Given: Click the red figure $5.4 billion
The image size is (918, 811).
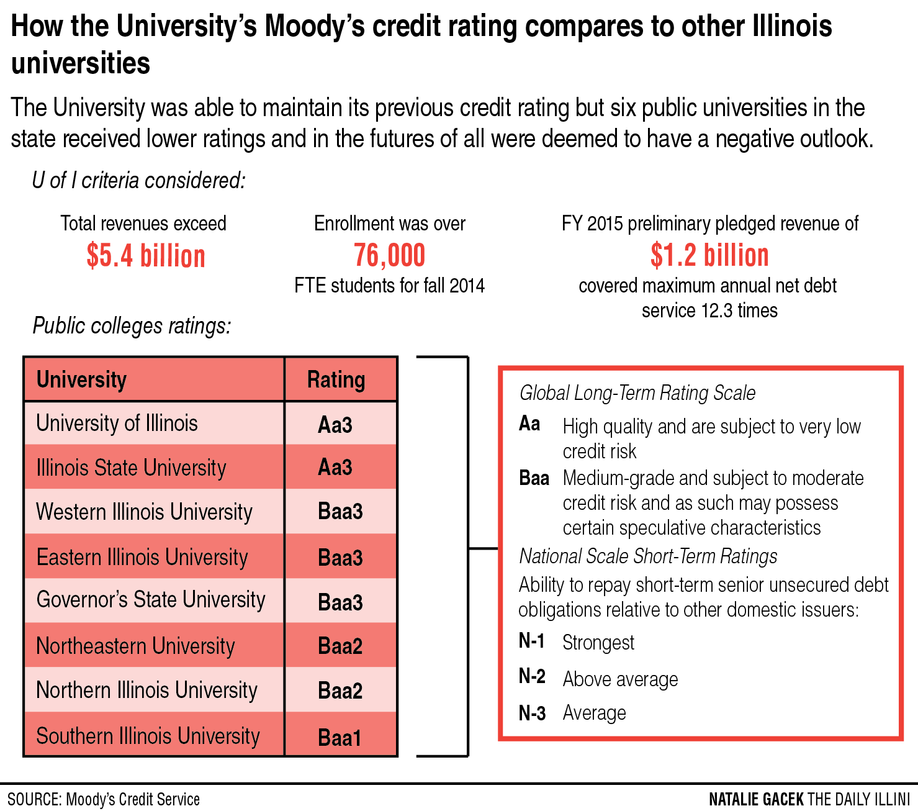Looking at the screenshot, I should (x=146, y=256).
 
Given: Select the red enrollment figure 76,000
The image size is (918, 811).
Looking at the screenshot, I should (x=390, y=255).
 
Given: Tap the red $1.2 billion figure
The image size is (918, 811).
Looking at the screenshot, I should (x=709, y=255).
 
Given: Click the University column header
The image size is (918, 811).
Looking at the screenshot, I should (x=81, y=379).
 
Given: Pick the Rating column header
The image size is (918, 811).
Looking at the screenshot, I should (x=336, y=379).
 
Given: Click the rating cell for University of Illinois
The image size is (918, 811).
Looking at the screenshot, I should (x=335, y=425).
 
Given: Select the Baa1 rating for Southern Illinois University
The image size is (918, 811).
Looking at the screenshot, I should (x=340, y=737).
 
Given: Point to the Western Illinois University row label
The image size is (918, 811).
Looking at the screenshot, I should (x=145, y=512).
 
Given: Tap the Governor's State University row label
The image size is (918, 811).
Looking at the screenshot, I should (x=151, y=600).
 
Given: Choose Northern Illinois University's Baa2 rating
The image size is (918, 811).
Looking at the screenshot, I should (x=340, y=691).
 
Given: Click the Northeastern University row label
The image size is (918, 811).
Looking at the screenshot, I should (x=136, y=646).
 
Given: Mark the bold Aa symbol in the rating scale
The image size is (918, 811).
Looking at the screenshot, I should (x=529, y=424).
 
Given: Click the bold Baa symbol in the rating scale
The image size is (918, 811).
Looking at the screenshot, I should (x=534, y=478).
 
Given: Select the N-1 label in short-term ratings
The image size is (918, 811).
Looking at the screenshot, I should (x=532, y=641).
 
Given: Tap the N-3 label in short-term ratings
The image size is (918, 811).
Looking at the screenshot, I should (x=532, y=713).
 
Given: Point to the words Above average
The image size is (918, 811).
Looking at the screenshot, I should (x=620, y=679).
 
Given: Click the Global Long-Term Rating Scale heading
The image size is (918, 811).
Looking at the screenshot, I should (x=637, y=393).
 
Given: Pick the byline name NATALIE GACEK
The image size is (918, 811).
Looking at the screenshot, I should (x=756, y=799).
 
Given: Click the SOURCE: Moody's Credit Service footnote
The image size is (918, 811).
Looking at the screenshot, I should (x=104, y=799).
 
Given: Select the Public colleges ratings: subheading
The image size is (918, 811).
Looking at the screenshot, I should (x=132, y=326).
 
